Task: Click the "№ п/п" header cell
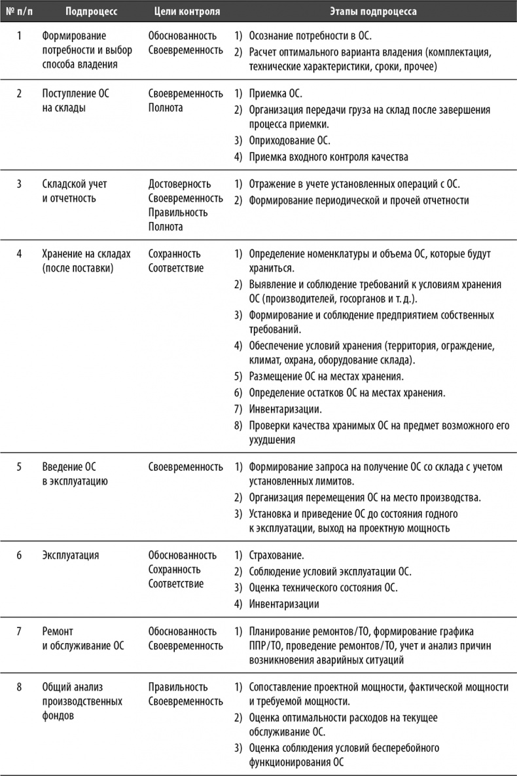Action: pos(20,12)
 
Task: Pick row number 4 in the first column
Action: pos(19,253)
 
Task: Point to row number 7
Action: pos(19,631)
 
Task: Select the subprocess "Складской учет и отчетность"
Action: pos(74,191)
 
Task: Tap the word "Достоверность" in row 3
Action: pos(179,184)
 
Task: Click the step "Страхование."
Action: pos(276,555)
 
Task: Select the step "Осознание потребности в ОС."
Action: pos(310,37)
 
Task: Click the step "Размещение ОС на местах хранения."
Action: pos(327,377)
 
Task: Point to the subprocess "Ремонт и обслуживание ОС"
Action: pos(82,638)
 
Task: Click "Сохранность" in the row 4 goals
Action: pos(174,253)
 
